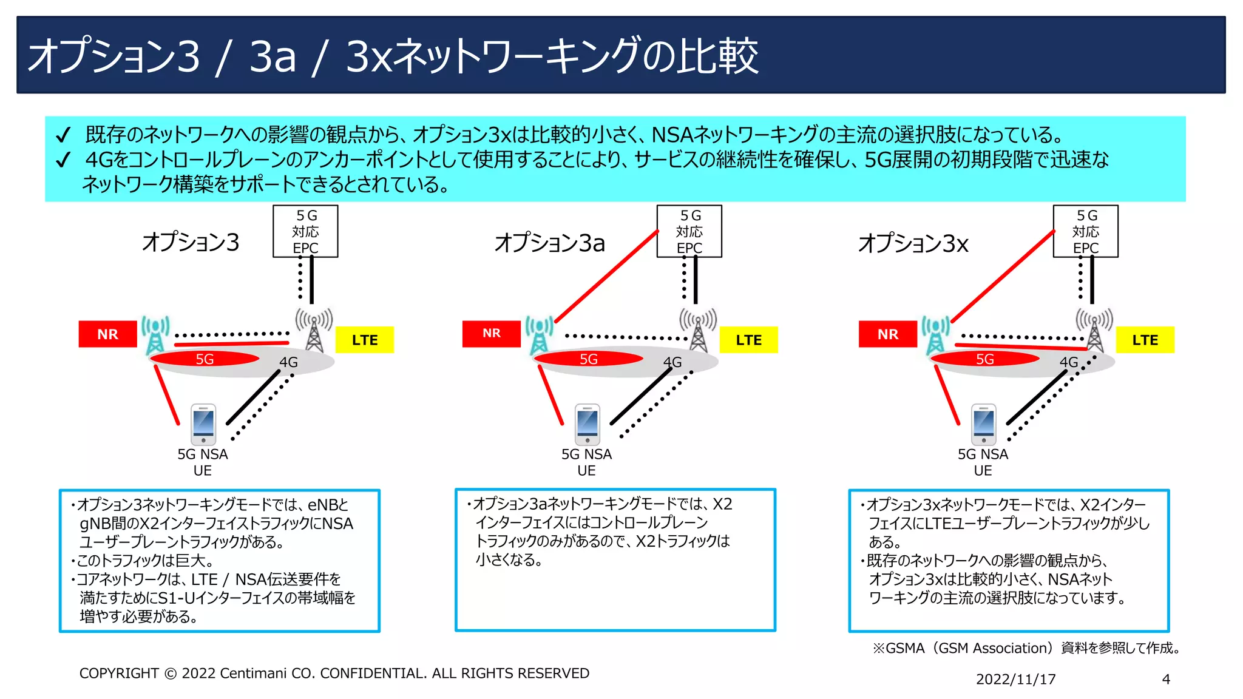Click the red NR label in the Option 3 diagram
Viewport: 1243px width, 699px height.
pos(107,334)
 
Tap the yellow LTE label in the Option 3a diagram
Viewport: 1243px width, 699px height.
pos(748,340)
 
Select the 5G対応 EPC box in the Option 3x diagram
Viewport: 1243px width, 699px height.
pos(1085,231)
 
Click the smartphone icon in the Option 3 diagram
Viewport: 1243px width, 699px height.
pos(203,424)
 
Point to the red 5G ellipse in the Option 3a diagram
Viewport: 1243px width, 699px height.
pos(588,359)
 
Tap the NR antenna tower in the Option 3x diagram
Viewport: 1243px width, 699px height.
pos(935,334)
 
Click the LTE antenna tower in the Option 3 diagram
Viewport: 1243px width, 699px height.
pos(314,331)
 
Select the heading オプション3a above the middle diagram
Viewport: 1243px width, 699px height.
pos(550,243)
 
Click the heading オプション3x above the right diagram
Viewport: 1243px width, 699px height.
pos(913,243)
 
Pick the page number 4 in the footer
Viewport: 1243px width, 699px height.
pos(1166,680)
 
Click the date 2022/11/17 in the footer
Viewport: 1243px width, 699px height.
pos(1015,680)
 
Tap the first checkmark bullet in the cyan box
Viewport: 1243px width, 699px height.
pos(63,135)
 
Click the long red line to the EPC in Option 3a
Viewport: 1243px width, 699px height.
pos(607,276)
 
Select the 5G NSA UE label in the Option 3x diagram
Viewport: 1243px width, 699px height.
pos(983,462)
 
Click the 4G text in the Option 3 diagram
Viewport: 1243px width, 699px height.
pos(288,362)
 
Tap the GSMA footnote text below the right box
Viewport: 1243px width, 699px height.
pos(1026,648)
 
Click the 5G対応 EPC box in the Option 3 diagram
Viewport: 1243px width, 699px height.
pos(305,231)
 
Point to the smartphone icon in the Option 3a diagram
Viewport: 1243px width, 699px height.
pos(587,424)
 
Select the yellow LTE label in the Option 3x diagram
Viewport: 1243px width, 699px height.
pos(1145,340)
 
